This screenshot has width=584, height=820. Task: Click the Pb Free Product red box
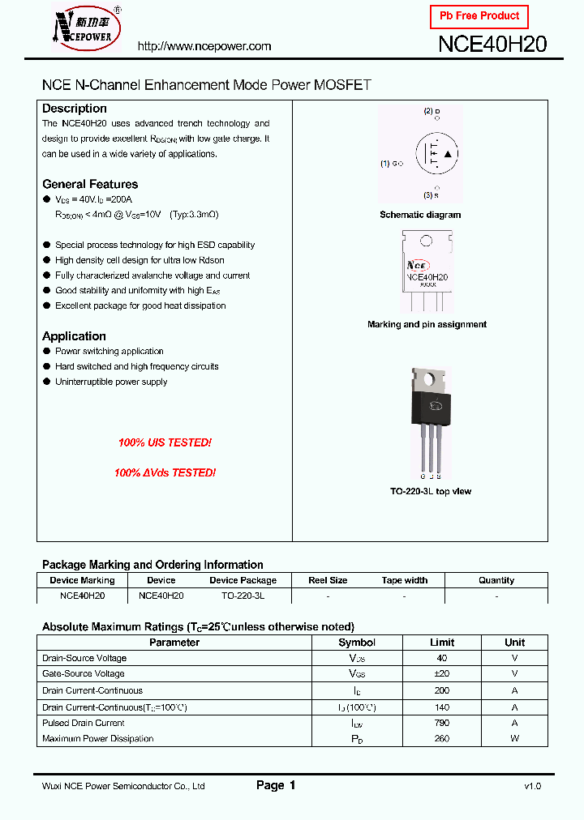[479, 16]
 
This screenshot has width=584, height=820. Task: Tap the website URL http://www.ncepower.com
[204, 46]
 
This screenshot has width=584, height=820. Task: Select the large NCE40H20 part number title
[492, 45]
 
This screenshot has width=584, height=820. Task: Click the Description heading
[74, 109]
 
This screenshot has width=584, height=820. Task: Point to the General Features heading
[90, 184]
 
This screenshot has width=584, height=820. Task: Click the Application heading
[74, 336]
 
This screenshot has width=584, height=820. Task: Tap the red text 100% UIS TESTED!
[165, 443]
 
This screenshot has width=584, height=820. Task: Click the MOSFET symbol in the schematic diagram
[436, 154]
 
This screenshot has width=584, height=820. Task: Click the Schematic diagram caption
[420, 215]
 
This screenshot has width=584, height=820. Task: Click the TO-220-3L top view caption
[431, 492]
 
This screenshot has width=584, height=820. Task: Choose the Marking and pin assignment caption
[427, 324]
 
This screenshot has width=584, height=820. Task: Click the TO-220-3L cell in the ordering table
[243, 595]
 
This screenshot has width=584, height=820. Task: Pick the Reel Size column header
[328, 580]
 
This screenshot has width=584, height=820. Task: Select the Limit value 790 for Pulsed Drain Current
[442, 723]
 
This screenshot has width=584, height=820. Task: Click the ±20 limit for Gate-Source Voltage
[442, 673]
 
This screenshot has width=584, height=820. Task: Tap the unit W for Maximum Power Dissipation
[514, 738]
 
